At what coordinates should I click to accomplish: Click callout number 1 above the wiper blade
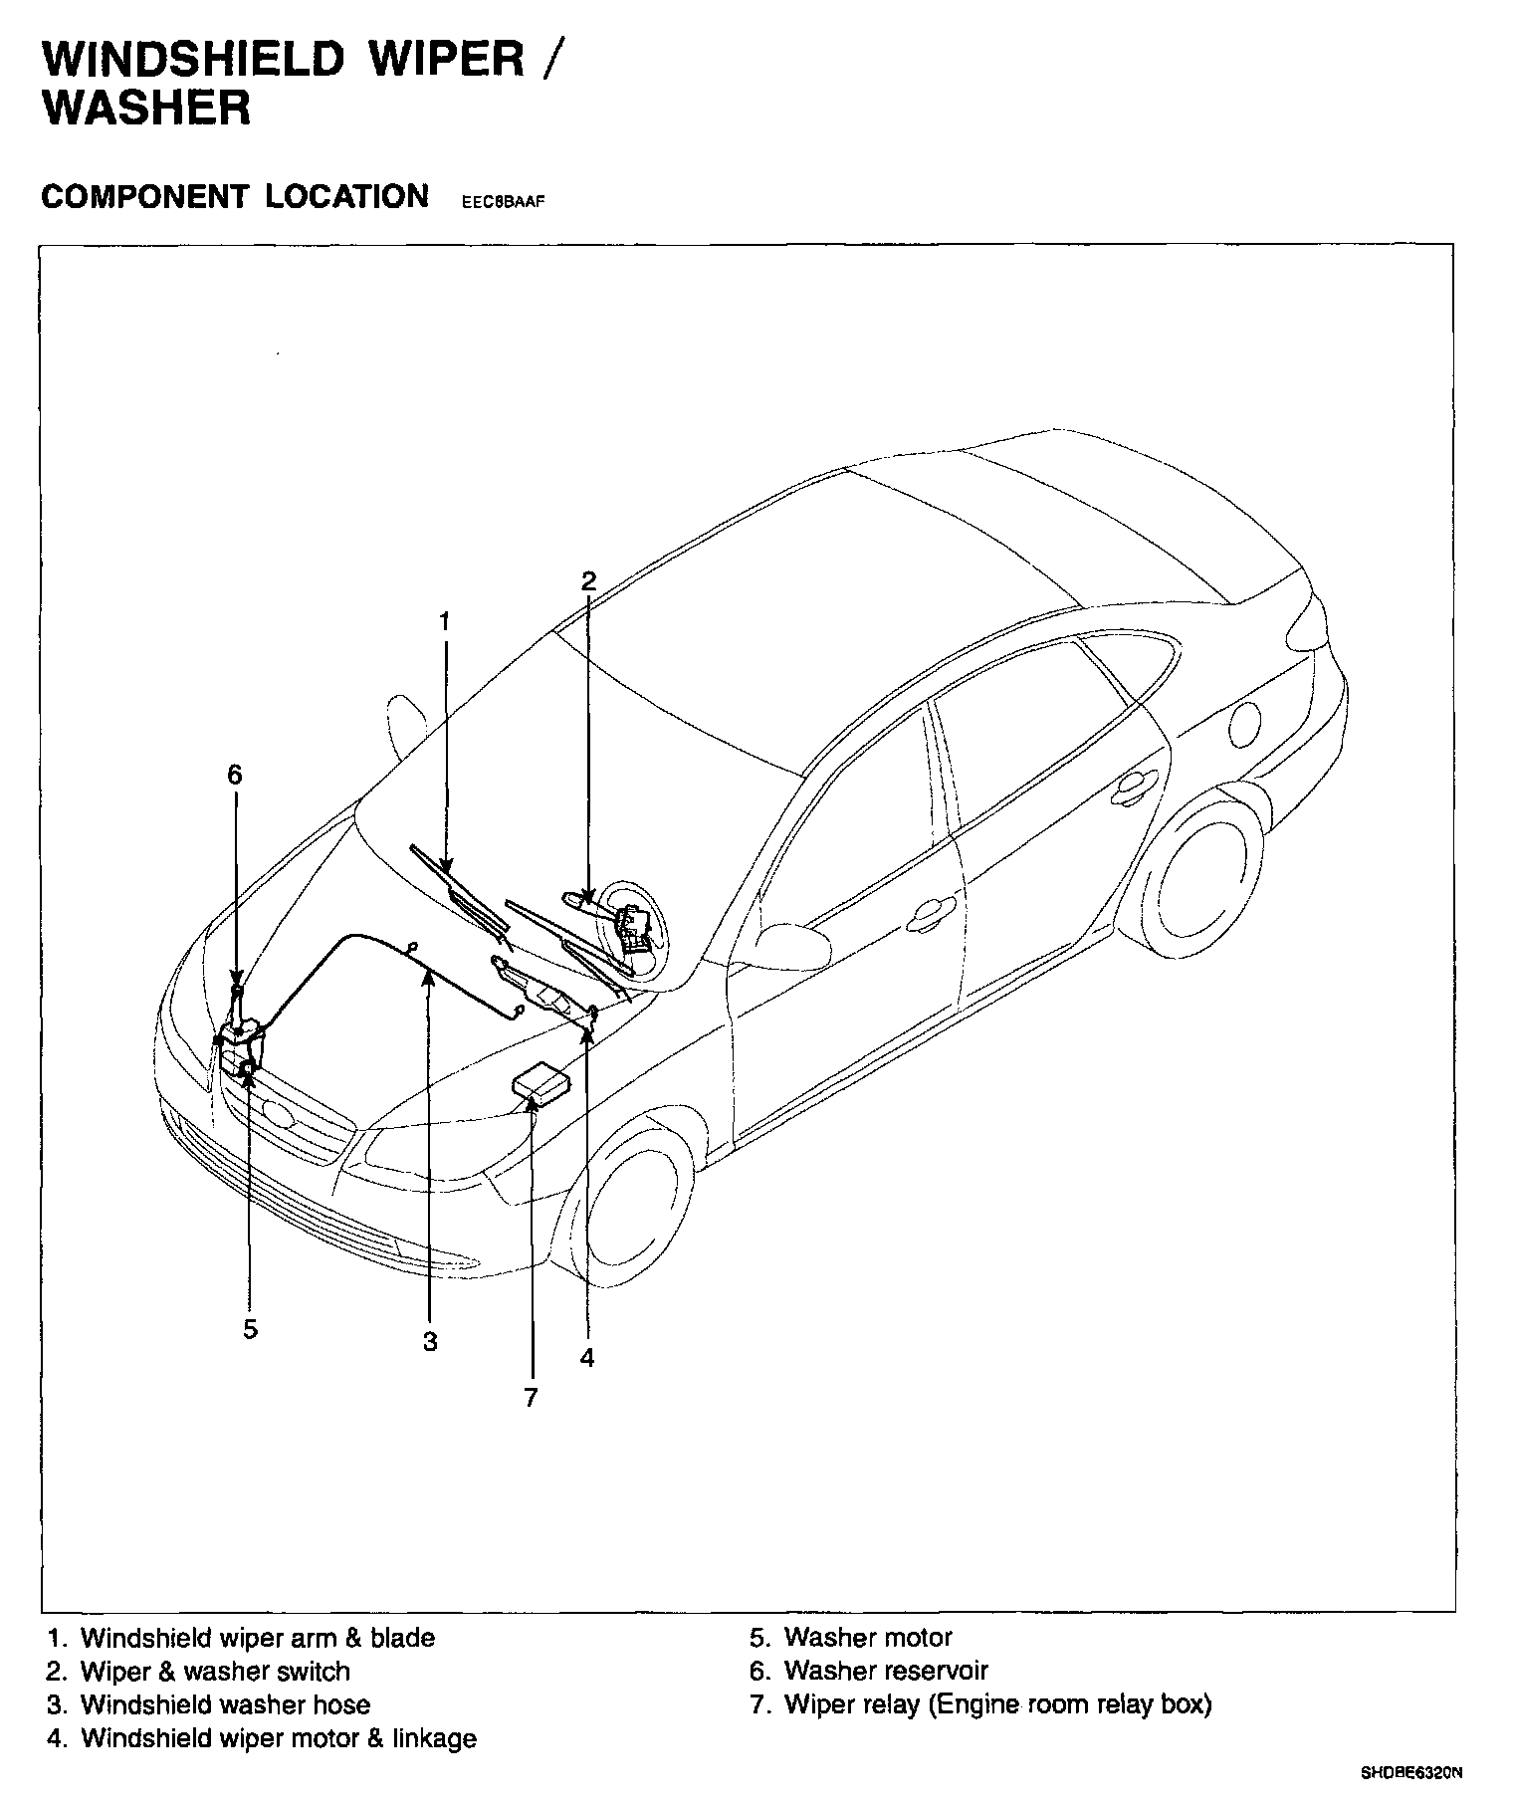[x=445, y=622]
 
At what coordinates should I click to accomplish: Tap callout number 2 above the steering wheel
[x=588, y=581]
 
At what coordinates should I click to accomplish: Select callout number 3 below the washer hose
[x=429, y=1342]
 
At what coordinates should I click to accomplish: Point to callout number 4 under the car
[x=587, y=1357]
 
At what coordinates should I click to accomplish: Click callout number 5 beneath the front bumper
[x=250, y=1329]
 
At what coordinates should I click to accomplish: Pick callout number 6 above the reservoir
[x=235, y=774]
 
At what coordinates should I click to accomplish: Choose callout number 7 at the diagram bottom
[x=531, y=1398]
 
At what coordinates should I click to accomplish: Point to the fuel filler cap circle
[x=1243, y=723]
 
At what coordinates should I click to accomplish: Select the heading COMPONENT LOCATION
[x=235, y=196]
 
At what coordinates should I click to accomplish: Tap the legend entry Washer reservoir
[x=885, y=1671]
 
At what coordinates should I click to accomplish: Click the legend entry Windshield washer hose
[x=225, y=1704]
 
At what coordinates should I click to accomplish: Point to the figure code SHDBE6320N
[x=1411, y=1773]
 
